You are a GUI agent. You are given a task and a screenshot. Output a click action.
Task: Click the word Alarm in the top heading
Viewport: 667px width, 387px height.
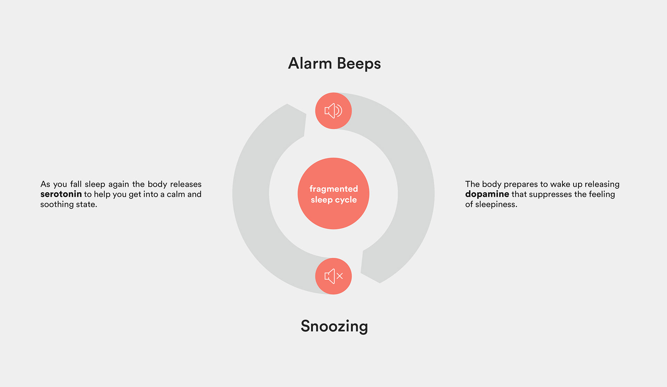[310, 64]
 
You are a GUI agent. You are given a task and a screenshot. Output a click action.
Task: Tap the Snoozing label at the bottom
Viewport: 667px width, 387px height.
[334, 326]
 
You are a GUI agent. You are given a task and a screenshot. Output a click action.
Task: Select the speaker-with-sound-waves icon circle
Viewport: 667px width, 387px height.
[333, 111]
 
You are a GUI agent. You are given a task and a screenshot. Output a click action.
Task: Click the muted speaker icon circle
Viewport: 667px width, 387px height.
[333, 276]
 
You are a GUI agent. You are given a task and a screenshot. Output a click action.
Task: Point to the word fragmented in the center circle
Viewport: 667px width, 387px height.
[333, 189]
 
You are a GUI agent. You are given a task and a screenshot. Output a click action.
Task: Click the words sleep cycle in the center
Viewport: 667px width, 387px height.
[333, 200]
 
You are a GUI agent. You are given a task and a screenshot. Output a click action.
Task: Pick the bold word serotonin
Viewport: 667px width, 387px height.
[61, 194]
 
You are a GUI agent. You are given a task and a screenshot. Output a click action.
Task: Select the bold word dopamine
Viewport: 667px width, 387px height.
[487, 194]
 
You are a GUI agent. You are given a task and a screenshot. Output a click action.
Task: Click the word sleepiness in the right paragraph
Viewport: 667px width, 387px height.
[496, 204]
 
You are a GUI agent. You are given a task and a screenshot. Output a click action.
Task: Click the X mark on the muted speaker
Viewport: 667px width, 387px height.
[340, 276]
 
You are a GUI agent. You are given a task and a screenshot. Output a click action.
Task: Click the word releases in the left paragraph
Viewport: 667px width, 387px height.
[186, 184]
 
